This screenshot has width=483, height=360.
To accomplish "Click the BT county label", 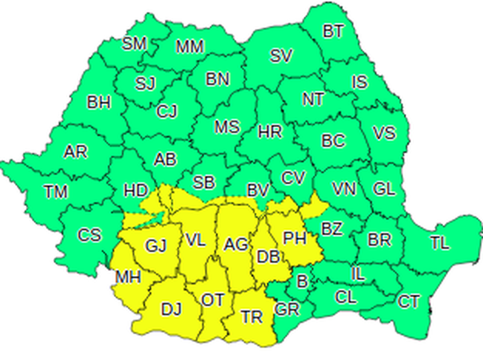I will pos(333,31).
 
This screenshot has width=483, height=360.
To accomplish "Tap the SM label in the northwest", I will pos(133,43).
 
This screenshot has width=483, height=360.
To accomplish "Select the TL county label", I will pos(440,243).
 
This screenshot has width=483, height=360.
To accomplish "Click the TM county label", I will pos(56,192).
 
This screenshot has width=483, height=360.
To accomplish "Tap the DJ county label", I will pos(171,309).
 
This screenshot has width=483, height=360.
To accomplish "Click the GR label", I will pos(287,309).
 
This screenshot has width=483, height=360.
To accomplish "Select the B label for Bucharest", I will pos(302,280).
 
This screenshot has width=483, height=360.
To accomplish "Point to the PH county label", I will pos(295,238).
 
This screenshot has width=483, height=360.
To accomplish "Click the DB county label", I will pos(267,256).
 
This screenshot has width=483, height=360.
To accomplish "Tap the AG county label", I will pos(235,244).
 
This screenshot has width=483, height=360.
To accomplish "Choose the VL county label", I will pos(196,239).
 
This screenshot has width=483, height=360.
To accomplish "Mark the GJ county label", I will pos(156,246).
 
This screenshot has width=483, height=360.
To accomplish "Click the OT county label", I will pos(212,300).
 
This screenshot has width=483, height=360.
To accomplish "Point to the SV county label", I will pos(281,56).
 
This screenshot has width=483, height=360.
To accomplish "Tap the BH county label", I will pos(98,102).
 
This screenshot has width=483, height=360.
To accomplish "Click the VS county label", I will pos(384,132).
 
